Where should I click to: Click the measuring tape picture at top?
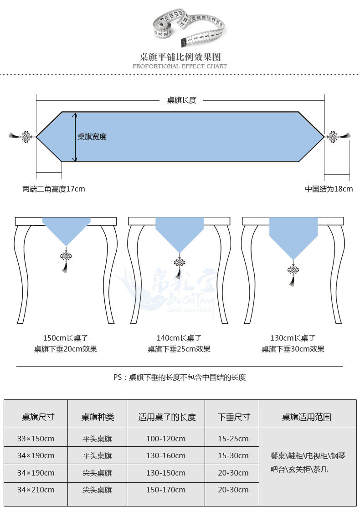pyautogui.click(x=190, y=27)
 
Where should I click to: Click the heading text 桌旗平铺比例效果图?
pyautogui.click(x=180, y=57)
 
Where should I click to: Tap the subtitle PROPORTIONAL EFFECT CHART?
pyautogui.click(x=180, y=67)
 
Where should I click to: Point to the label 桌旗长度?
pyautogui.click(x=181, y=100)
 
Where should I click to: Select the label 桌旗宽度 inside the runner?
pyautogui.click(x=92, y=137)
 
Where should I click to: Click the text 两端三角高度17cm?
pyautogui.click(x=54, y=189)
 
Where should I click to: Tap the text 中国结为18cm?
pyautogui.click(x=329, y=189)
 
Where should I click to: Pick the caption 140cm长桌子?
pyautogui.click(x=179, y=338)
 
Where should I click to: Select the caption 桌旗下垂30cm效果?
pyautogui.click(x=293, y=349)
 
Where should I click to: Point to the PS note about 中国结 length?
pyautogui.click(x=180, y=378)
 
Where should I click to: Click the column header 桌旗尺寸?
pyautogui.click(x=38, y=417)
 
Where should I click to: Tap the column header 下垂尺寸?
pyautogui.click(x=234, y=417)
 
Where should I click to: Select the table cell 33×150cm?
pyautogui.click(x=36, y=439)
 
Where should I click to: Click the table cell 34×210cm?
pyautogui.click(x=36, y=490)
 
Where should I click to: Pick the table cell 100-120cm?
pyautogui.click(x=166, y=439)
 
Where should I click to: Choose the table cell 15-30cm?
pyautogui.click(x=233, y=456)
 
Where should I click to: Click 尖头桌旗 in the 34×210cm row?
pyautogui.click(x=97, y=490)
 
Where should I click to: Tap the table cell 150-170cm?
pyautogui.click(x=166, y=490)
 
